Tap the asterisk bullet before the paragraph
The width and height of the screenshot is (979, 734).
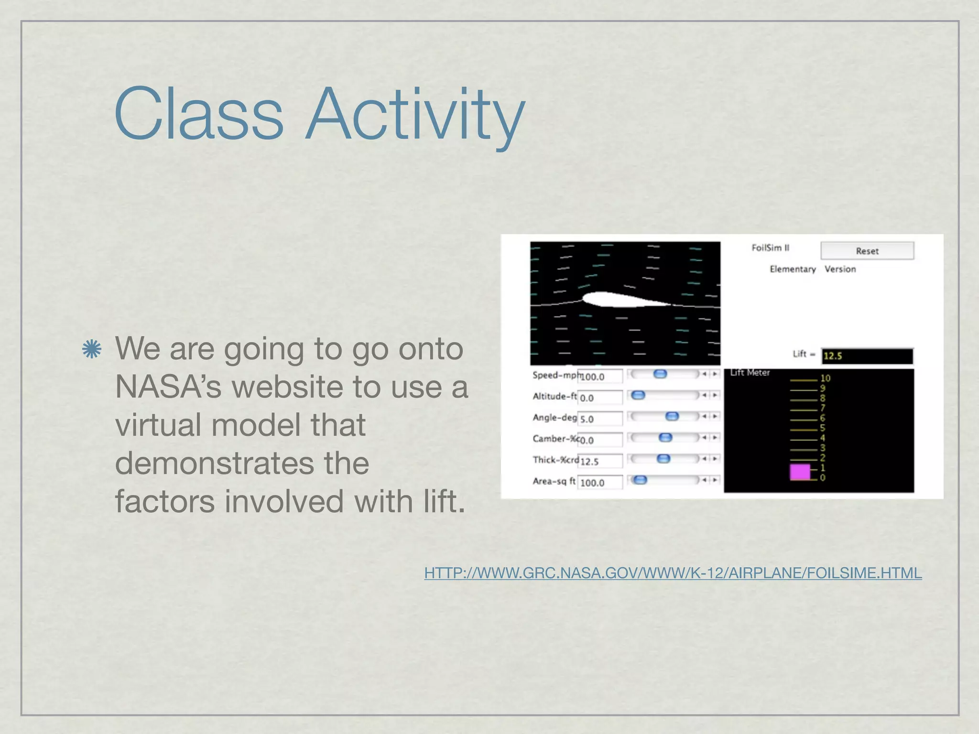(x=91, y=349)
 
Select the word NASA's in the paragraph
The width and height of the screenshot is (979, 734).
(x=168, y=387)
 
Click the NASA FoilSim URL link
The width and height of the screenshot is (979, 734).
(x=673, y=572)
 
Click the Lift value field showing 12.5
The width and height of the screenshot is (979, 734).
(x=867, y=356)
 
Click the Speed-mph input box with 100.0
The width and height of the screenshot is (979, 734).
(x=600, y=377)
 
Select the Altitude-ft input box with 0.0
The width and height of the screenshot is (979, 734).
(x=600, y=398)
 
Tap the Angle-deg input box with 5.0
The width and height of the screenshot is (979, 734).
(x=600, y=419)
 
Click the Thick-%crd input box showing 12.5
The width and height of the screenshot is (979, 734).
(x=600, y=461)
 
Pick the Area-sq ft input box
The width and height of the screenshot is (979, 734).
(x=600, y=483)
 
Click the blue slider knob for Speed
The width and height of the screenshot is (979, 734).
(x=660, y=374)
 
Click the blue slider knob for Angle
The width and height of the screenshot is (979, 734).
(x=672, y=416)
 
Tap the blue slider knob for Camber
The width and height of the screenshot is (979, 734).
(x=665, y=437)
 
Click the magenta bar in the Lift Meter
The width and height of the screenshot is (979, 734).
(x=800, y=472)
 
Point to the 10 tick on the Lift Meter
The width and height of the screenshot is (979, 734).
(x=825, y=378)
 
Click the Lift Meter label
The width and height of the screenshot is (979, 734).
(x=750, y=373)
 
